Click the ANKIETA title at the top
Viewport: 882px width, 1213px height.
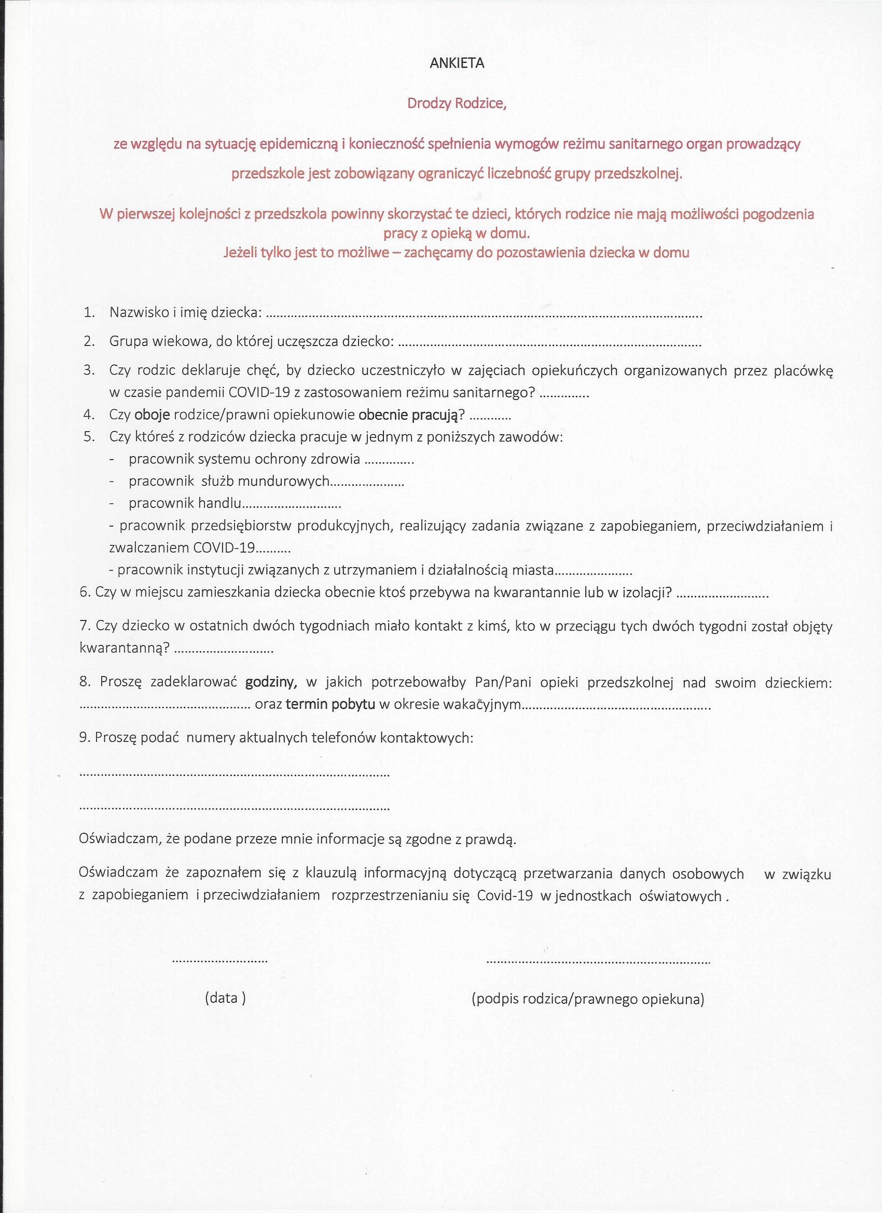point(457,63)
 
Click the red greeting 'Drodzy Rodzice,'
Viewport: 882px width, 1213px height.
point(456,103)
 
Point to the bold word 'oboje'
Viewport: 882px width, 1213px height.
point(152,415)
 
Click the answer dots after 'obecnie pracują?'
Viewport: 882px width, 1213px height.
point(492,417)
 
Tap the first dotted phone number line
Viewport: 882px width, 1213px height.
point(235,775)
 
